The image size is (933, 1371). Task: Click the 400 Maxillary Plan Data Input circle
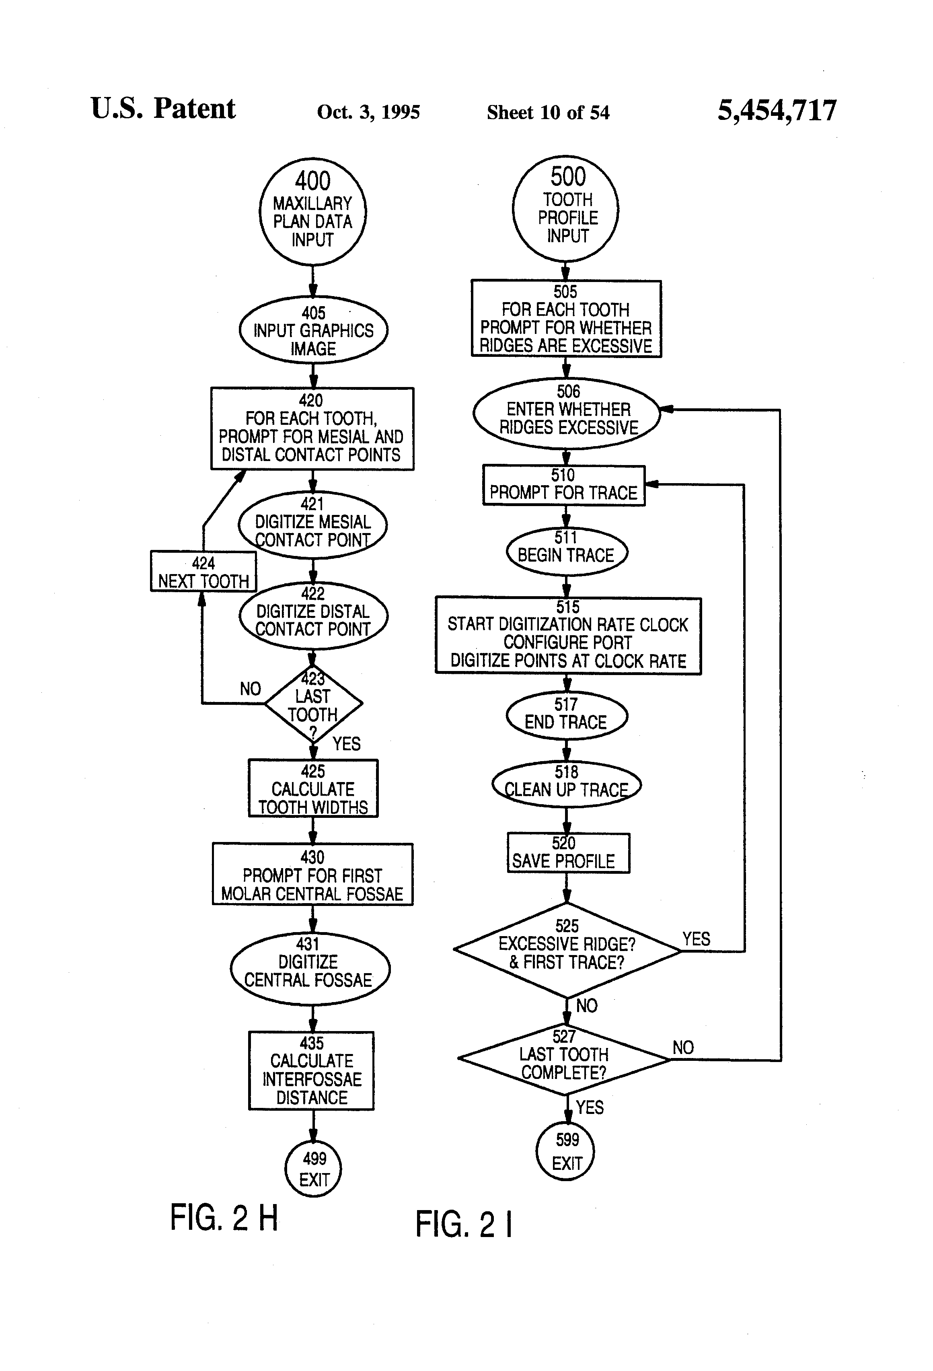[x=312, y=211]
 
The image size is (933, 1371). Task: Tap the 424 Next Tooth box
[x=203, y=571]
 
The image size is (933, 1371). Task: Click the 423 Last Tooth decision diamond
[x=313, y=703]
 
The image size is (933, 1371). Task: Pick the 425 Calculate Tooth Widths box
[x=313, y=788]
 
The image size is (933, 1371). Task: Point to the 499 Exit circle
[x=314, y=1168]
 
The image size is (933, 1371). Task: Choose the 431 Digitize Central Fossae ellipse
[x=310, y=969]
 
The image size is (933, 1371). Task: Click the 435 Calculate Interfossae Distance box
[x=311, y=1071]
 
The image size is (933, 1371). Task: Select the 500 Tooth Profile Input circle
[x=565, y=209]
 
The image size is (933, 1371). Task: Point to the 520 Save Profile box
[x=569, y=853]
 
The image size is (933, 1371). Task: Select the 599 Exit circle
[x=565, y=1151]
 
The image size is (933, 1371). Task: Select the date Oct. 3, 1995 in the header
[x=369, y=112]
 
